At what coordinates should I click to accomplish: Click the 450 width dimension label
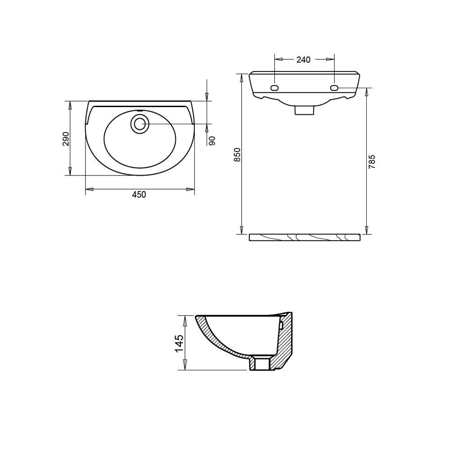coord(139,194)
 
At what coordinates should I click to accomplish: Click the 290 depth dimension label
coord(66,139)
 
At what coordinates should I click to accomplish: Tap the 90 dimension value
coord(212,140)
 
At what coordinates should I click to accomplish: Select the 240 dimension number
coord(303,59)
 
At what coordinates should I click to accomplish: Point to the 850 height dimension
coord(237,154)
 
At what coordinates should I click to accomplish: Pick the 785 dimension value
coord(372,161)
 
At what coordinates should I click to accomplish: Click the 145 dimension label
coord(179,343)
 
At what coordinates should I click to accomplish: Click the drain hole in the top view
coord(140,124)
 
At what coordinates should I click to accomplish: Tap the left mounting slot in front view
coord(274,88)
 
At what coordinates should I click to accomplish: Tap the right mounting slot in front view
coord(334,88)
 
